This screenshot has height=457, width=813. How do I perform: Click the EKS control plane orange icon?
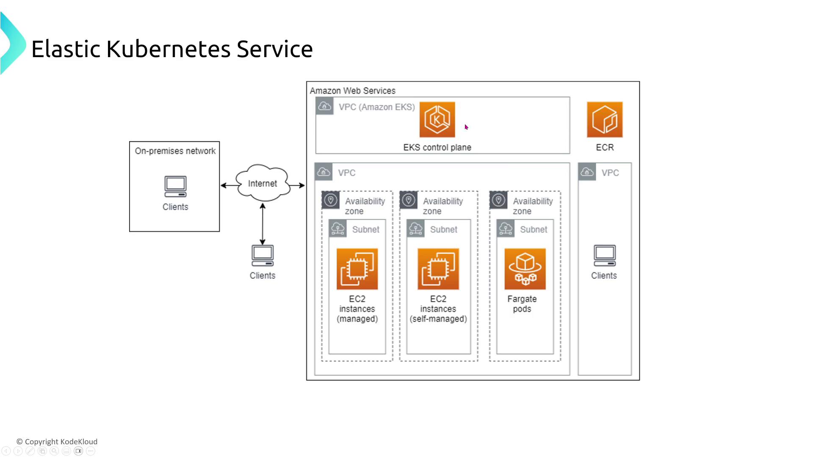(x=437, y=119)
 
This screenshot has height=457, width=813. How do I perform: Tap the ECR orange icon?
(x=604, y=119)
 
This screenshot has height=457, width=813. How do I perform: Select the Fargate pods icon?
(x=525, y=269)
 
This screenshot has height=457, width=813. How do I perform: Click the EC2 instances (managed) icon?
(x=357, y=269)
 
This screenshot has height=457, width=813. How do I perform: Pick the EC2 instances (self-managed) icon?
(x=438, y=269)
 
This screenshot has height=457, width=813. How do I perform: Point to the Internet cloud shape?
(x=263, y=183)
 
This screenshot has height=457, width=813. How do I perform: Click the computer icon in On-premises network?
(x=175, y=187)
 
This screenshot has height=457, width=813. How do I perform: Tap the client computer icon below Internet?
(x=263, y=256)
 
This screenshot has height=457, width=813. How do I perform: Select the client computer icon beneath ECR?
(x=604, y=256)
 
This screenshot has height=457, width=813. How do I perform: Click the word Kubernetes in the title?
(x=168, y=49)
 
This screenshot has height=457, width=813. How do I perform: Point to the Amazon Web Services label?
(x=352, y=91)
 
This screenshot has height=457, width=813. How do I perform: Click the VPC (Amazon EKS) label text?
(x=376, y=107)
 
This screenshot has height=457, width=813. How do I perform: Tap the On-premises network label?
(x=175, y=151)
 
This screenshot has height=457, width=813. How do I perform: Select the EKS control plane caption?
(x=437, y=147)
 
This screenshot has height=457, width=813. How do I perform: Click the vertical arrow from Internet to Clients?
(x=263, y=224)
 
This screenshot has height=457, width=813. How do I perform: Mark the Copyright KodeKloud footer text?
(x=57, y=441)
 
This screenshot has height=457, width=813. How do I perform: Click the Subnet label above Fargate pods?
(x=533, y=229)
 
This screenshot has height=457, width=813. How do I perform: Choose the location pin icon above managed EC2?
(x=331, y=200)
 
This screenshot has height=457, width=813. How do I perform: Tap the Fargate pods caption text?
(x=522, y=304)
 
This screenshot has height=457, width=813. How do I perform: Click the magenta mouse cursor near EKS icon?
(x=466, y=127)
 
